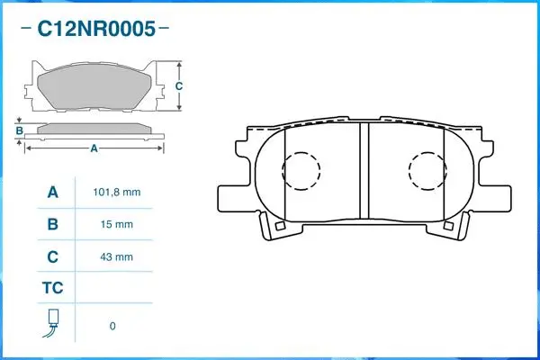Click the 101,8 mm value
pyautogui.click(x=117, y=193)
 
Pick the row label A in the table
pyautogui.click(x=52, y=193)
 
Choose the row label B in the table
pyautogui.click(x=52, y=224)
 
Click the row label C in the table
pyautogui.click(x=52, y=256)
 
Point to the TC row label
pyautogui.click(x=52, y=289)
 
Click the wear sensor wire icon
pyautogui.click(x=52, y=323)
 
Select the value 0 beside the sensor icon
pyautogui.click(x=112, y=326)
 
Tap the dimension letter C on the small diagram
pyautogui.click(x=179, y=85)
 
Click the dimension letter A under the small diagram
pyautogui.click(x=94, y=148)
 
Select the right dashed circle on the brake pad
pyautogui.click(x=427, y=170)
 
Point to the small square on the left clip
pyautogui.click(x=280, y=227)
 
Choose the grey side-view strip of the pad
pyautogui.click(x=94, y=128)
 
